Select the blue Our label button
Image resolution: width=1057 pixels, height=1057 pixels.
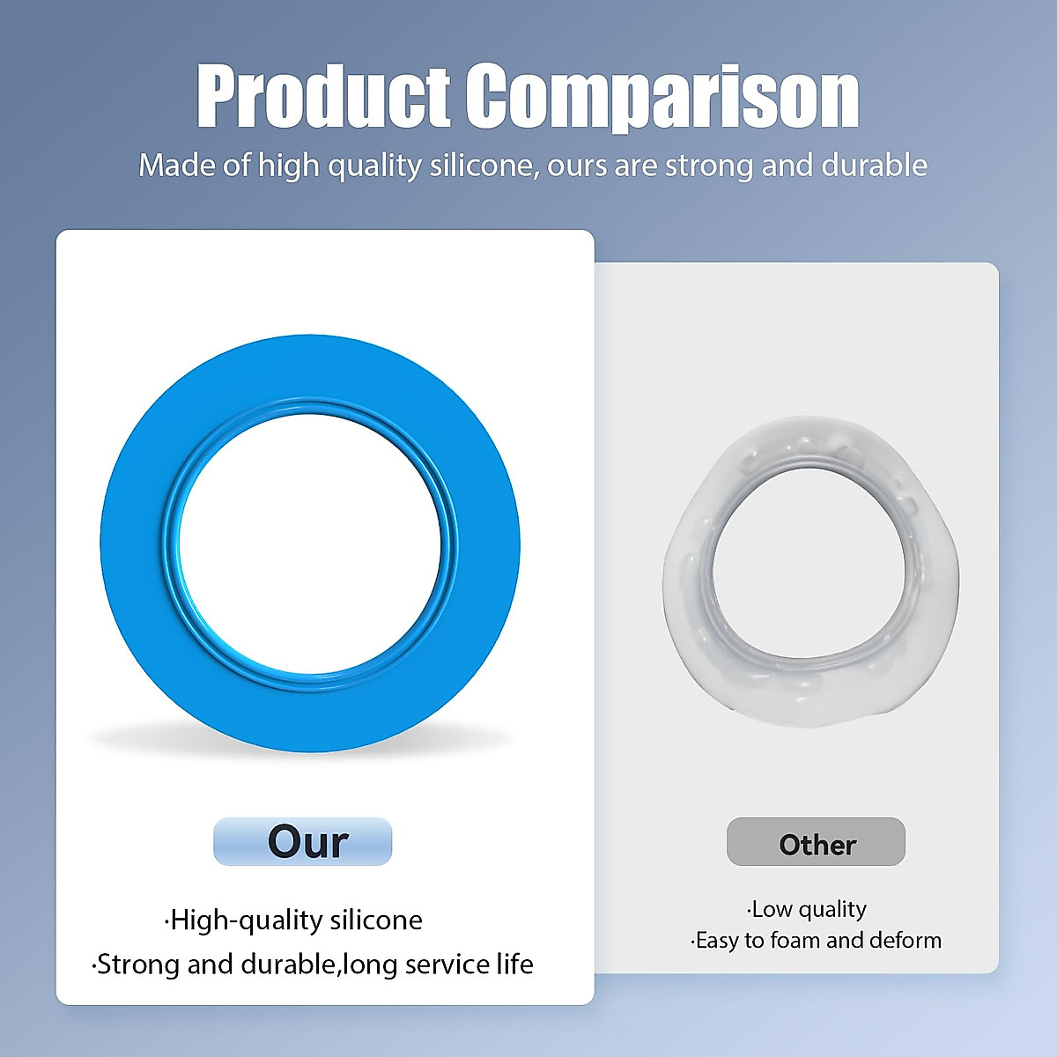click(x=302, y=841)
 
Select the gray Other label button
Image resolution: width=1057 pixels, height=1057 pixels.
click(x=816, y=842)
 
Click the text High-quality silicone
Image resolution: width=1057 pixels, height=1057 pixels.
click(x=294, y=920)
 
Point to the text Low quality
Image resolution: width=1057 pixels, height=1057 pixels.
click(x=808, y=908)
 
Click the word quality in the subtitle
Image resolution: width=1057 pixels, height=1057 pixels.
click(x=374, y=166)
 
